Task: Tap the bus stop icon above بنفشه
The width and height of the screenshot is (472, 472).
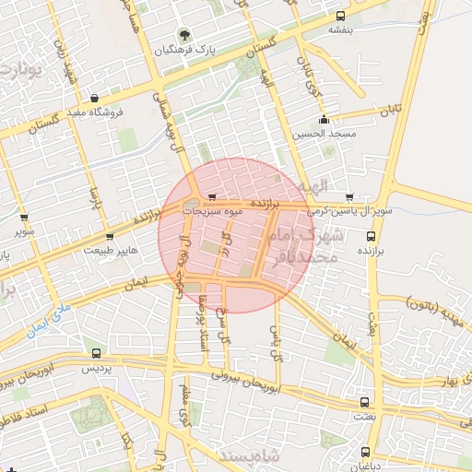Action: [340, 16]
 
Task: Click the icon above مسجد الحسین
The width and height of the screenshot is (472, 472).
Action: [323, 121]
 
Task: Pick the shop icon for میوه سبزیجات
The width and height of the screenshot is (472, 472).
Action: [213, 197]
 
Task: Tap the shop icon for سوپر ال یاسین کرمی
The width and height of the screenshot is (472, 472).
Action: [348, 197]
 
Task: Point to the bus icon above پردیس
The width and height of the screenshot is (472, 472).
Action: [98, 353]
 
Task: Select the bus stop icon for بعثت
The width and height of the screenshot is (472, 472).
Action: [366, 403]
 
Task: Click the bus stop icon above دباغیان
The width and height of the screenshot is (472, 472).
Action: [366, 452]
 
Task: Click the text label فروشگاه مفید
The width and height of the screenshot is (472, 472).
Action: [120, 112]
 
